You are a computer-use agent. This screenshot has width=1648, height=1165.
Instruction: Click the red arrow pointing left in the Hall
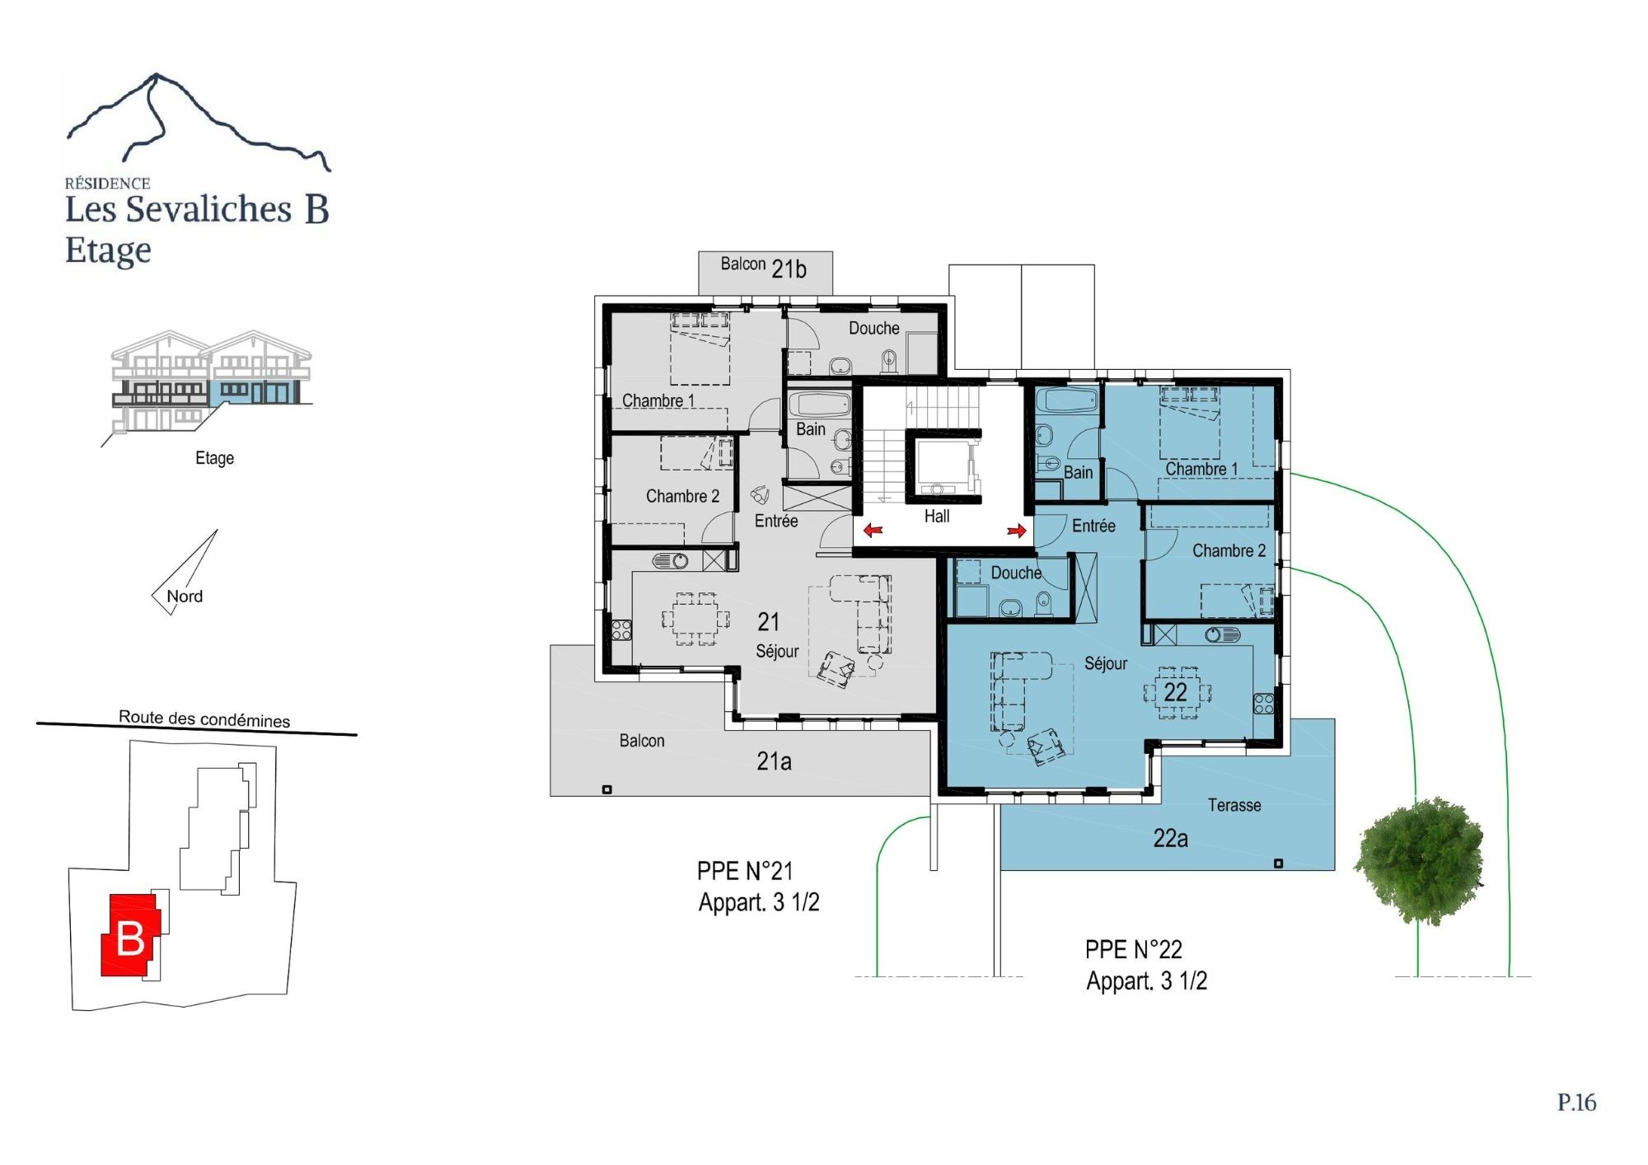(x=873, y=530)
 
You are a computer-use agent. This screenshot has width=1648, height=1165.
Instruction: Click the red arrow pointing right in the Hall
(x=1017, y=531)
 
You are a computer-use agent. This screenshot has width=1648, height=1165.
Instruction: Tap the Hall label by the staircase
(x=937, y=517)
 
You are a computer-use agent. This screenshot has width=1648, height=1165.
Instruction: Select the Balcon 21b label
(x=764, y=267)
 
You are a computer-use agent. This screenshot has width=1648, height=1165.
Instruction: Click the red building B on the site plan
(x=130, y=935)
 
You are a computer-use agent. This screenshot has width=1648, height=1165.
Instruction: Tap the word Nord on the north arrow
(x=185, y=597)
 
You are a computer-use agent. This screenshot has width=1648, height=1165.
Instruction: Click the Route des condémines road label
(x=204, y=718)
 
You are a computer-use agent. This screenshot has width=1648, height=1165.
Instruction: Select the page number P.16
(x=1576, y=1102)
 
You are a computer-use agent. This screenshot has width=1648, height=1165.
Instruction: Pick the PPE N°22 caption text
(x=1133, y=950)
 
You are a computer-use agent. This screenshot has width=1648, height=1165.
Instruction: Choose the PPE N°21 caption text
(x=745, y=871)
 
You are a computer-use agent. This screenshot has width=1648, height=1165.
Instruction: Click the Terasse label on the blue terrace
(x=1234, y=805)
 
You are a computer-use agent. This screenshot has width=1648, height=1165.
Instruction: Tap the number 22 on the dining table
(x=1176, y=692)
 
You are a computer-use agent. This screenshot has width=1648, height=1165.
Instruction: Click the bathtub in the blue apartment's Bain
(x=1067, y=401)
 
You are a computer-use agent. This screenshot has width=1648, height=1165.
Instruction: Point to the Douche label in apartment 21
(x=874, y=328)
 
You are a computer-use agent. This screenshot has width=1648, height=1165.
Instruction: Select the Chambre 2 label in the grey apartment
(x=682, y=496)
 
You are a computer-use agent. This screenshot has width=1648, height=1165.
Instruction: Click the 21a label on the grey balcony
(x=774, y=761)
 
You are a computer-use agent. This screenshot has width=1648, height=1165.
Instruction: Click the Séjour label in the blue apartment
(x=1106, y=664)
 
